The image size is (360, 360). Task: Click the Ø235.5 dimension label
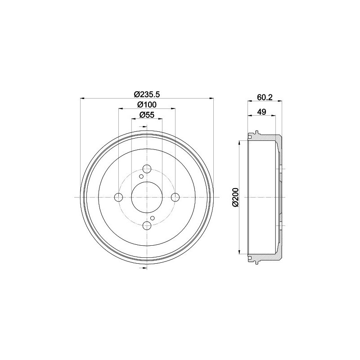(x=147, y=94)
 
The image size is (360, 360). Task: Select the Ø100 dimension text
(x=147, y=105)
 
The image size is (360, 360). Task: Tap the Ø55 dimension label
(x=147, y=115)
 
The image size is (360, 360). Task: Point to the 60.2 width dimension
(x=265, y=97)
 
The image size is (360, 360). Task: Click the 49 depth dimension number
(x=261, y=112)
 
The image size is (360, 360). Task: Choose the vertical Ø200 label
(x=235, y=197)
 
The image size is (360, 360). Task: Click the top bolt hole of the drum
(x=147, y=169)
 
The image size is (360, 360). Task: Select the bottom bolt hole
(x=147, y=225)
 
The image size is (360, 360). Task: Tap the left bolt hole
(x=118, y=197)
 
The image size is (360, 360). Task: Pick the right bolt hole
(x=175, y=197)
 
